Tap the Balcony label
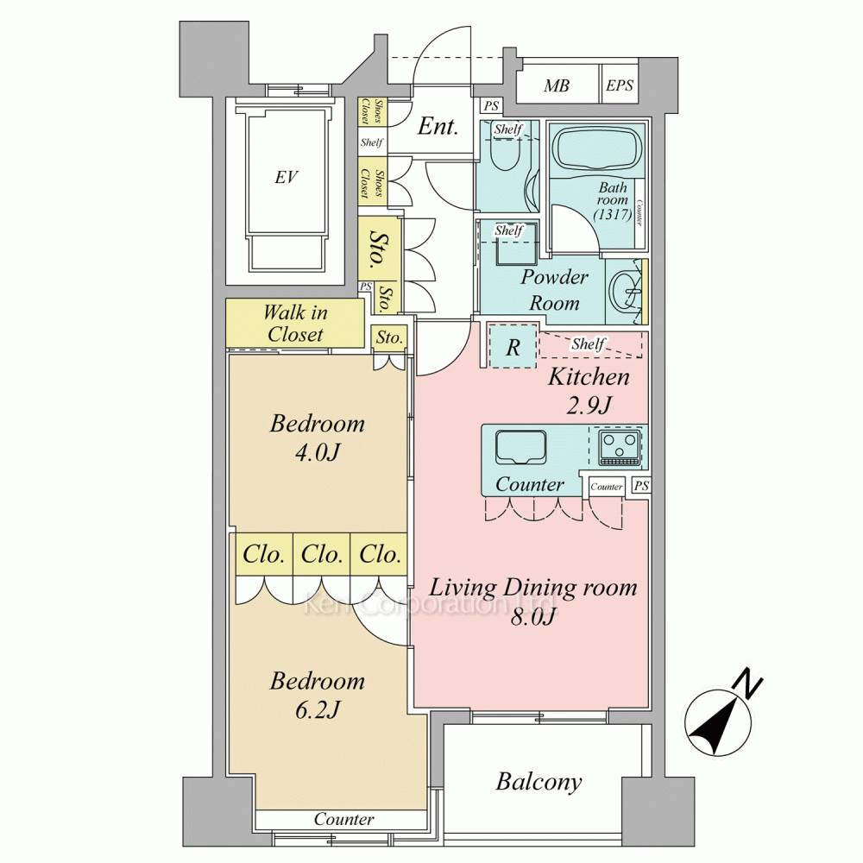pos(539,782)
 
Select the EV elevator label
pos(287,177)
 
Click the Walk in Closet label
pos(295,324)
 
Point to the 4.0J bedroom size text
pos(318,452)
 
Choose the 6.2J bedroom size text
pos(318,710)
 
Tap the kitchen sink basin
pos(520,447)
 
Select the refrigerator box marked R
pos(513,346)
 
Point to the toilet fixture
pos(504,151)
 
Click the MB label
pos(556,85)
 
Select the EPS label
pos(619,85)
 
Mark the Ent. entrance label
pos(438,127)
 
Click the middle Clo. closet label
pos(322,554)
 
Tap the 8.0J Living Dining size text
pos(532,618)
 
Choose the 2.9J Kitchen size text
pos(589,406)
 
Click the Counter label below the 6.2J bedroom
pos(344,819)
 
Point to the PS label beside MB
pos(491,105)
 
